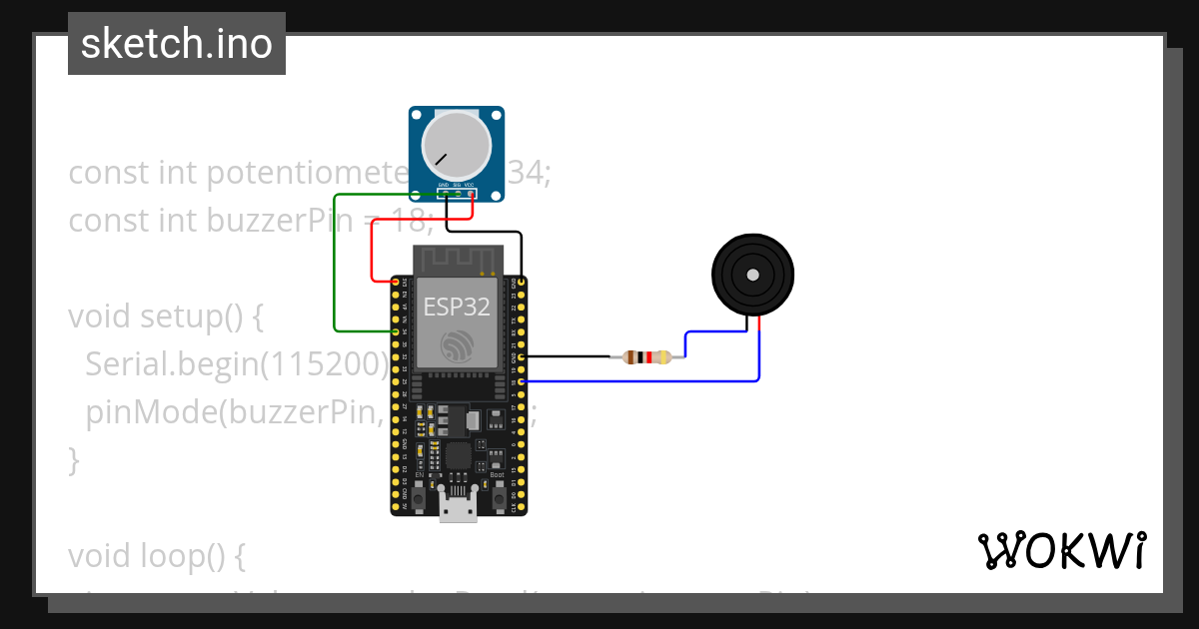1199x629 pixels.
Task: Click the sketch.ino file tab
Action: [x=177, y=44]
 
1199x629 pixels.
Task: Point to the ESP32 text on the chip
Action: [x=457, y=307]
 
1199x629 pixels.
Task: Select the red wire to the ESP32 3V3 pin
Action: [x=373, y=250]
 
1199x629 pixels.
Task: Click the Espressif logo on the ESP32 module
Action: [x=458, y=344]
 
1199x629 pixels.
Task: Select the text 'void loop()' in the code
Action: [x=155, y=555]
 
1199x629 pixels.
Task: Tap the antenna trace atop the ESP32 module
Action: [x=458, y=259]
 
